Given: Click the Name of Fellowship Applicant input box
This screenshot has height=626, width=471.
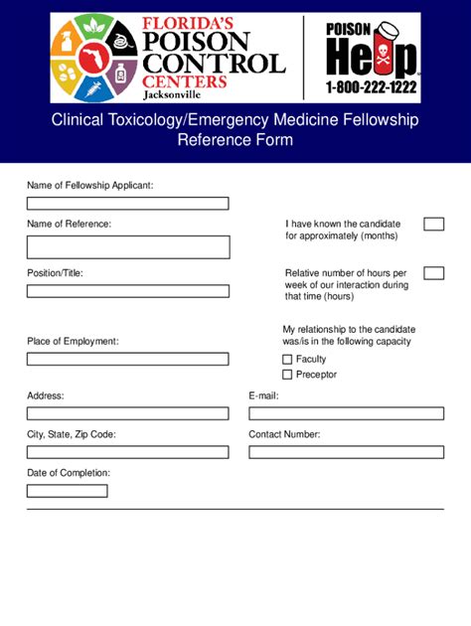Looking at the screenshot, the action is pos(127,204).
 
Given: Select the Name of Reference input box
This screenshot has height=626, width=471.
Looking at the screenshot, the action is pos(127,247).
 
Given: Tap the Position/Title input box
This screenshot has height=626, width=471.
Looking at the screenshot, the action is pos(127,291).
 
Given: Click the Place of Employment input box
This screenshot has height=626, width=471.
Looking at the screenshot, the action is pos(127,359).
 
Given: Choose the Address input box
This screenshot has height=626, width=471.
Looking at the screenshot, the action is pos(127,413).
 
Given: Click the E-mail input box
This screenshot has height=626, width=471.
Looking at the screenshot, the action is pos(346,413).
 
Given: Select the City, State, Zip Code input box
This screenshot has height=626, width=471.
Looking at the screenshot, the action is pos(127,452).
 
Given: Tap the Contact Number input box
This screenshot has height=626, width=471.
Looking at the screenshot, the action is pos(346,452).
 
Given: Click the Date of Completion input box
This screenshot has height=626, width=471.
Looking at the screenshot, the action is pos(68,491).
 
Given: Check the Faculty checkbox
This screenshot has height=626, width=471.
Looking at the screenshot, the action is pos(287,360).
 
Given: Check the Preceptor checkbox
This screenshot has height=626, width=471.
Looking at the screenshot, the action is pos(287,375).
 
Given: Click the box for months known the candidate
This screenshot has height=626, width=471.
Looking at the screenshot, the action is pos(433,224).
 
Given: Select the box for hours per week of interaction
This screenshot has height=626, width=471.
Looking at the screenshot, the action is pos(433,273).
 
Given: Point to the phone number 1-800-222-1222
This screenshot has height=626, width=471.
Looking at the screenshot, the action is pos(372,87).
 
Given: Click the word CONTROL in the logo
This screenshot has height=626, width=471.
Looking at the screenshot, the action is pos(214,63).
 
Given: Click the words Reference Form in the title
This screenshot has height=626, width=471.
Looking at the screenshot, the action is pos(235,140).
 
